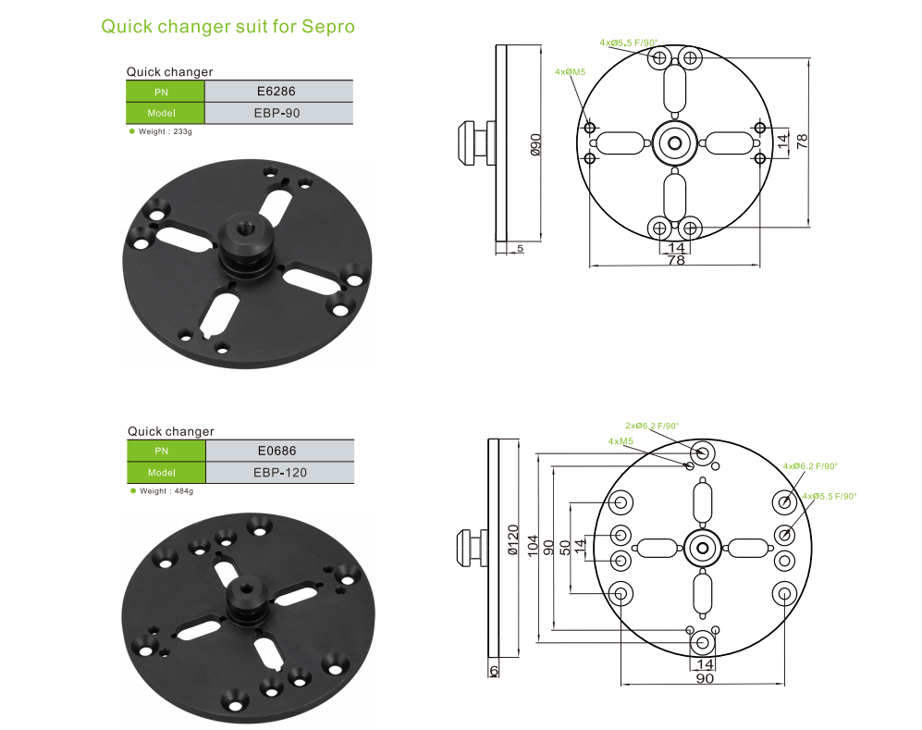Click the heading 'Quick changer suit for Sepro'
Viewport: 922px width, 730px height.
coord(227,26)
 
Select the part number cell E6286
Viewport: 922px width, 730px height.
coord(277,91)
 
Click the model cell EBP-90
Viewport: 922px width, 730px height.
coord(277,113)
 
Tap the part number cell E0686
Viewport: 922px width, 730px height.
coord(278,451)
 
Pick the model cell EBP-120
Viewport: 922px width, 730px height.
coord(279,472)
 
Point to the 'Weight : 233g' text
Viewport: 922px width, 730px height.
coord(164,132)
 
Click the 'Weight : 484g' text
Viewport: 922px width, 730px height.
coord(165,491)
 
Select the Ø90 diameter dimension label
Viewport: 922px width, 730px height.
coord(535,146)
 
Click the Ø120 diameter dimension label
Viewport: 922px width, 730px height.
coord(512,539)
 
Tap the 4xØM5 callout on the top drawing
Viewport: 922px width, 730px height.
coord(570,71)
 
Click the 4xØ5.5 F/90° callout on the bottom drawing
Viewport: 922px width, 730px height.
coord(830,497)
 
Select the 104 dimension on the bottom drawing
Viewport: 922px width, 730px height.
coord(532,546)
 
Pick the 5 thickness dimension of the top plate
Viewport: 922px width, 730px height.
coord(521,249)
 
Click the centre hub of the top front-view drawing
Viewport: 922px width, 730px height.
coord(674,142)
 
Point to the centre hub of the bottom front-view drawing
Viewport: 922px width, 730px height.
coord(703,548)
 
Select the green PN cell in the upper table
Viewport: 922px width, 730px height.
coord(165,91)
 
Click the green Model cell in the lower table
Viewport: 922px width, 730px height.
coord(166,472)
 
